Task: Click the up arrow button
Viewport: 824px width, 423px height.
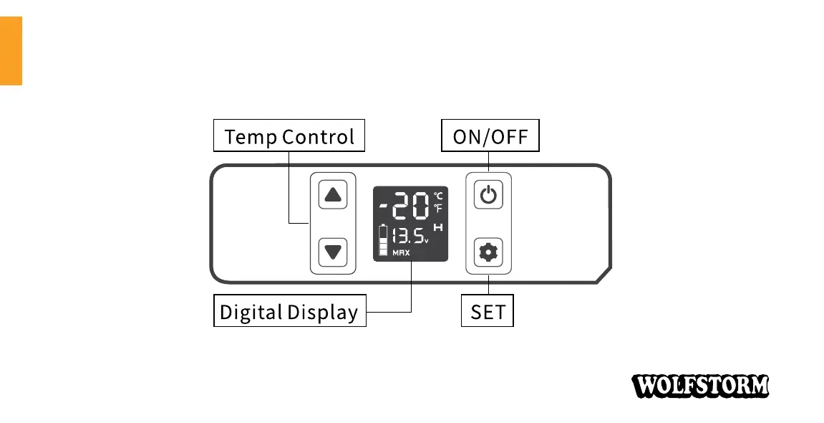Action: [332, 195]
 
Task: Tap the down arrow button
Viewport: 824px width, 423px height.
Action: [332, 252]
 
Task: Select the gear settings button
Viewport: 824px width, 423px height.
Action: [488, 252]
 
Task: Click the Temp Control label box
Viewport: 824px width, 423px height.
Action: [289, 136]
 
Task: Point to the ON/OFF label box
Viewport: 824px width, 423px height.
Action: [490, 136]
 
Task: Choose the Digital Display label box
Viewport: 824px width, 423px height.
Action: [289, 312]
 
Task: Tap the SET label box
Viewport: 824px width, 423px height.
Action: [487, 312]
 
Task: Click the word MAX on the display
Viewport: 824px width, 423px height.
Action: [401, 254]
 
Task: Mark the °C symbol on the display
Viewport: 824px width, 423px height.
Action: [438, 196]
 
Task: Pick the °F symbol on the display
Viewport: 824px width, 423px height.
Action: [438, 208]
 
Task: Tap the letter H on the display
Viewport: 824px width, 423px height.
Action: [438, 228]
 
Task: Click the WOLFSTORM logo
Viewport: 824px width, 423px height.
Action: [700, 386]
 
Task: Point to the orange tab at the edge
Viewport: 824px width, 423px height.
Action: [11, 51]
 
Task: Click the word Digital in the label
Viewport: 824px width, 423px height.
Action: [251, 313]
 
